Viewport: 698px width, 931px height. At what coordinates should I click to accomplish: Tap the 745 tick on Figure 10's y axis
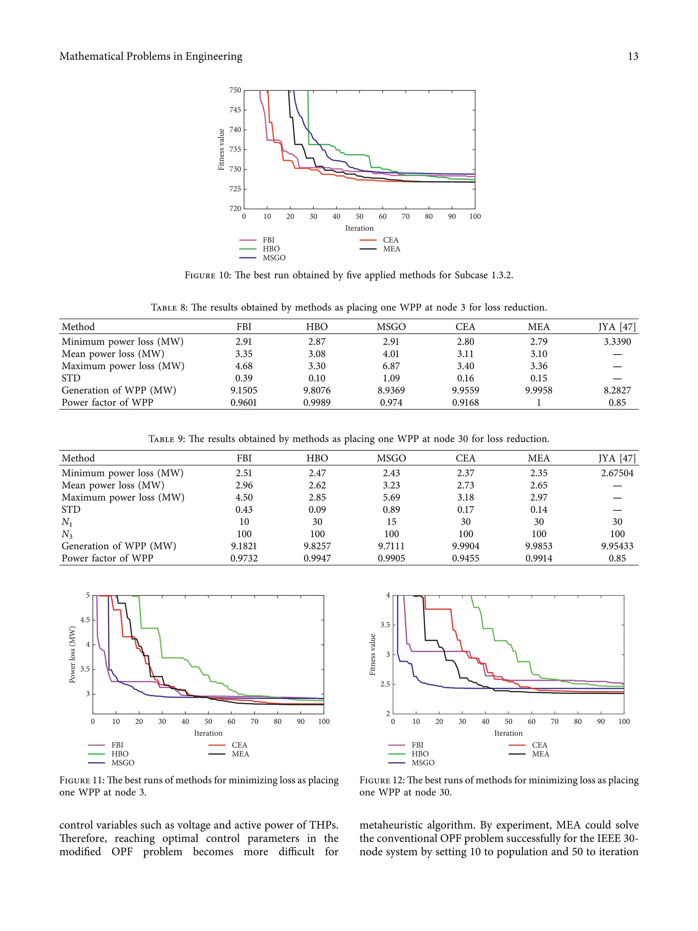click(x=235, y=110)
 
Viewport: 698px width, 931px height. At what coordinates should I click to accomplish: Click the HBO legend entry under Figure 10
click(x=271, y=249)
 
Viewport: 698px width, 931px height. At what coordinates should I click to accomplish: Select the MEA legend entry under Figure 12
click(x=540, y=754)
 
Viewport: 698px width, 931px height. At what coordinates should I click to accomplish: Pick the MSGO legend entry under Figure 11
click(x=122, y=763)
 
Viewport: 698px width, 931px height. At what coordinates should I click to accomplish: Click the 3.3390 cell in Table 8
click(x=617, y=342)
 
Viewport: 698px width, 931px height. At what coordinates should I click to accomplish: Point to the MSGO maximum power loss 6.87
click(x=391, y=366)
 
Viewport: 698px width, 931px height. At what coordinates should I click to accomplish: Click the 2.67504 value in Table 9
click(x=617, y=473)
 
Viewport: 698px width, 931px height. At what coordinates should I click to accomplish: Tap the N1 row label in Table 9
click(x=67, y=522)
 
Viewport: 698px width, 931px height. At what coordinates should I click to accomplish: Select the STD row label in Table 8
click(x=71, y=378)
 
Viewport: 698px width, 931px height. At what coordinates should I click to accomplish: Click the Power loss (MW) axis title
click(x=72, y=655)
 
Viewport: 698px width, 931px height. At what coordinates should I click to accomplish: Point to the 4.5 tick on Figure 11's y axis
click(x=85, y=620)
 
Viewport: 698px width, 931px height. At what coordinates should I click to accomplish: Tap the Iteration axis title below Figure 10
click(x=359, y=228)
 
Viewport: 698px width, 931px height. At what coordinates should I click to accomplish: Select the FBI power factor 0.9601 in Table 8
click(x=244, y=403)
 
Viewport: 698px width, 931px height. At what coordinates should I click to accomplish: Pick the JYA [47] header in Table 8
click(x=617, y=327)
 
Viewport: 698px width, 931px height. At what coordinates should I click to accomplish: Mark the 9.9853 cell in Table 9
click(x=538, y=546)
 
